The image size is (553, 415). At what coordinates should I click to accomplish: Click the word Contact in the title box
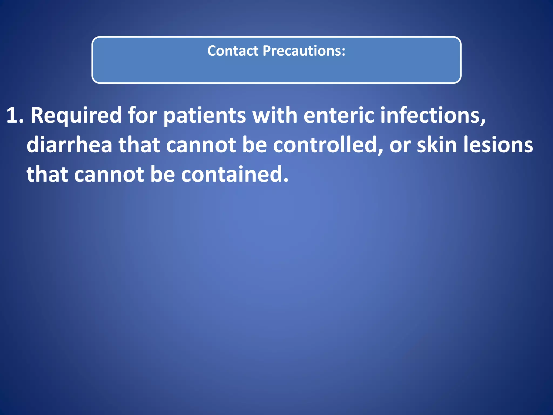click(233, 51)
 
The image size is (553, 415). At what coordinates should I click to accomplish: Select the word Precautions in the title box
click(304, 51)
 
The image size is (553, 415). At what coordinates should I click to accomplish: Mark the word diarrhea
click(69, 145)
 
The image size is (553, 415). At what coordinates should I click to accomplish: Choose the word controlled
click(328, 145)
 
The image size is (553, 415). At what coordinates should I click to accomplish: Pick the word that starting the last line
click(47, 174)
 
